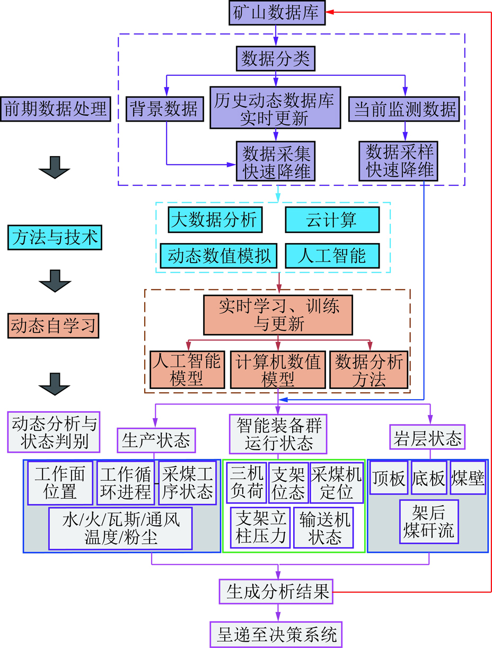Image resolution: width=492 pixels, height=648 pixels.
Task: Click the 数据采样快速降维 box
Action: click(x=398, y=161)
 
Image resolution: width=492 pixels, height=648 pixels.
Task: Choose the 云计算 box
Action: click(x=332, y=220)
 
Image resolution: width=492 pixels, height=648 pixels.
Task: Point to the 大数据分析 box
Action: click(x=215, y=220)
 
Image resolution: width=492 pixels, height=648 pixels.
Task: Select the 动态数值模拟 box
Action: click(x=219, y=256)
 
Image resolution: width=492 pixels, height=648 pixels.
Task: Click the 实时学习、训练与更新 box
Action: click(x=278, y=314)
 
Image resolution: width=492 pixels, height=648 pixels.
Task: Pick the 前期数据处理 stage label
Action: click(x=57, y=109)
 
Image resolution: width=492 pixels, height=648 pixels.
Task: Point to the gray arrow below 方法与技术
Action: click(x=55, y=280)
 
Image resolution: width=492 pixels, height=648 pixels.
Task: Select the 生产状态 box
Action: click(x=155, y=439)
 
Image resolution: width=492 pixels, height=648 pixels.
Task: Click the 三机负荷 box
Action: click(x=246, y=483)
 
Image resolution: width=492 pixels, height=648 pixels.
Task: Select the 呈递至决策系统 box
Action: click(x=276, y=634)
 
